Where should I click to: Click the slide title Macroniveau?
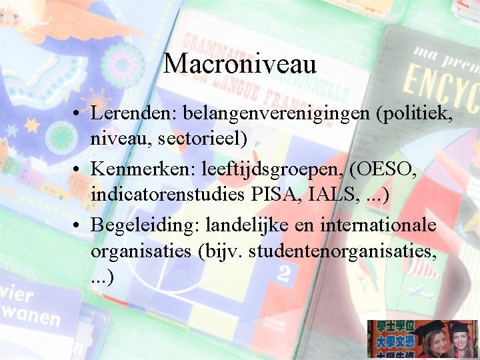[239, 63]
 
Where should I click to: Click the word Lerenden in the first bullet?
[130, 115]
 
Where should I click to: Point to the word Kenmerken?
[137, 171]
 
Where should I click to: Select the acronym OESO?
[387, 171]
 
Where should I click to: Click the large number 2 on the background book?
[286, 274]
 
